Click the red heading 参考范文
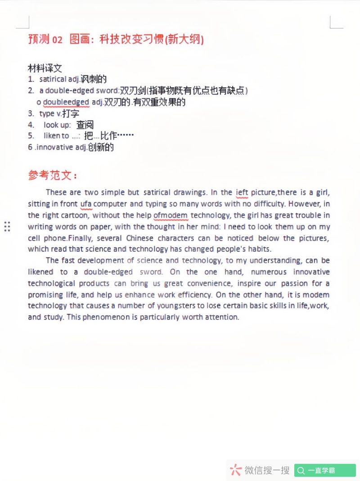[x=52, y=175]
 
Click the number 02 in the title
[x=58, y=40]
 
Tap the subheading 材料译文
[x=45, y=68]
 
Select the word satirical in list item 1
[x=53, y=80]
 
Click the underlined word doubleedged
[x=66, y=102]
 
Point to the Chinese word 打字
[x=71, y=114]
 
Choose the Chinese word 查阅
[x=85, y=125]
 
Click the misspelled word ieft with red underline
[x=242, y=193]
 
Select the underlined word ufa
[x=85, y=204]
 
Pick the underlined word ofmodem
[x=171, y=216]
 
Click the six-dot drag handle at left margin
[x=7, y=226]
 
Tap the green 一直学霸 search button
[x=325, y=471]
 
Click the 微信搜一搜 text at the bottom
[x=267, y=471]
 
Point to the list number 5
[x=31, y=136]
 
